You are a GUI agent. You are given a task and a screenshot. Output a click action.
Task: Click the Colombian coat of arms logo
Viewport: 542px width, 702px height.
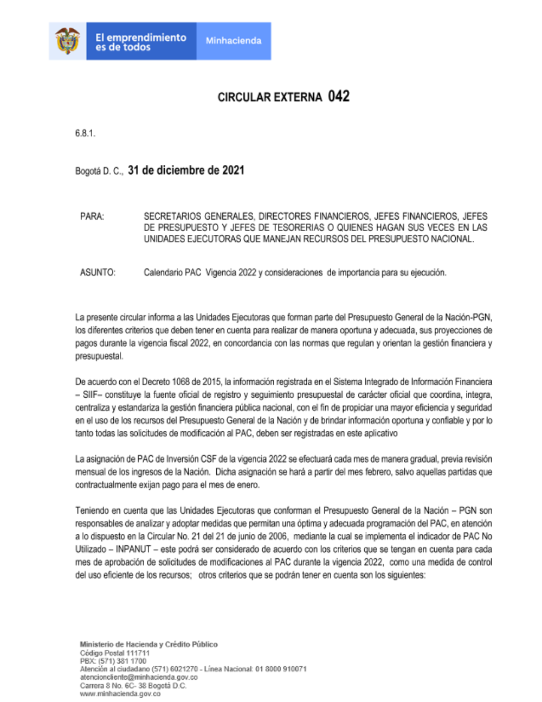point(67,41)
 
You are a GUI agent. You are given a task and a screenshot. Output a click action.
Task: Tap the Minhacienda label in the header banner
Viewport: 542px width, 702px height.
point(233,41)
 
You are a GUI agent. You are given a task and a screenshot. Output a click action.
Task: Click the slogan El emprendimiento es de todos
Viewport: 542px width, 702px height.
point(140,42)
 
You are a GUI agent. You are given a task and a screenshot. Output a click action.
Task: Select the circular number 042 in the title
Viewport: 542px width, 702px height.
point(339,97)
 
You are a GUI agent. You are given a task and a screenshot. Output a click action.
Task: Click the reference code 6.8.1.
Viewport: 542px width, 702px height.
point(85,133)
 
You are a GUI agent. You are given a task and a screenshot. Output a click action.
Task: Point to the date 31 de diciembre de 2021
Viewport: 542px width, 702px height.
point(186,170)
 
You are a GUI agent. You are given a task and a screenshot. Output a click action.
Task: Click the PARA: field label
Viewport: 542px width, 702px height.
point(92,216)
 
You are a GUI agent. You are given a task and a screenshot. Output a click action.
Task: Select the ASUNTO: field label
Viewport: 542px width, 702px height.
point(98,272)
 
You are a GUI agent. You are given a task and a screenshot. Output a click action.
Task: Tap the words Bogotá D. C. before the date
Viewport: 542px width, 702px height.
point(99,171)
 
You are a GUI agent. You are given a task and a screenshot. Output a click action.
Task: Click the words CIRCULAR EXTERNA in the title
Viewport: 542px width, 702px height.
point(269,98)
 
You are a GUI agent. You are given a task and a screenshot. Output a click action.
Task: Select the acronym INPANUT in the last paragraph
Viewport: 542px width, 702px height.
point(133,549)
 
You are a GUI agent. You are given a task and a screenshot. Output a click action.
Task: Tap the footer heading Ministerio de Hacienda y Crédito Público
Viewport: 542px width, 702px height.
point(149,644)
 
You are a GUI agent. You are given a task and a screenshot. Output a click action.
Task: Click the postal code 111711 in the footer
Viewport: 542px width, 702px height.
point(138,653)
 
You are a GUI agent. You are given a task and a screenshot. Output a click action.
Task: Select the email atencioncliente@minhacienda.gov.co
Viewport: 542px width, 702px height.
point(139,678)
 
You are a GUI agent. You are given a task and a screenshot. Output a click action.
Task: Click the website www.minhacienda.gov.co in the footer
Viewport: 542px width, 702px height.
point(120,694)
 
